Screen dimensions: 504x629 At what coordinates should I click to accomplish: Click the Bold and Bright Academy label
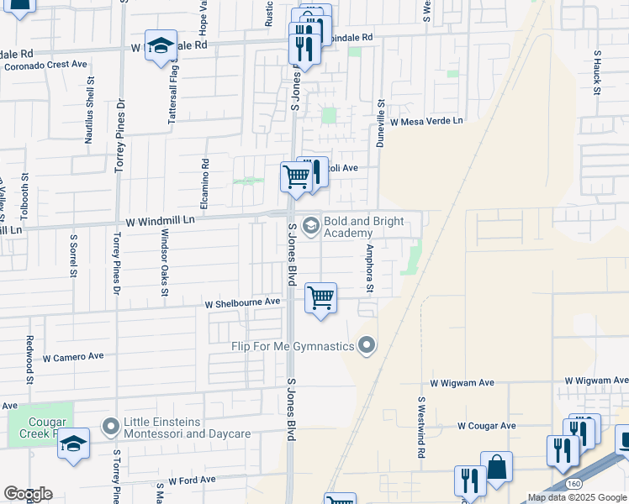pos(363,227)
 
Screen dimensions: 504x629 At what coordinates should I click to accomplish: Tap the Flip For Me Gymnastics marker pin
pos(367,344)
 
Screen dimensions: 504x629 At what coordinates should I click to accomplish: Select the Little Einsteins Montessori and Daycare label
pos(187,428)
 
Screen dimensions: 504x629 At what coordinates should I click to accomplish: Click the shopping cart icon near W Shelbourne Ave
pos(320,298)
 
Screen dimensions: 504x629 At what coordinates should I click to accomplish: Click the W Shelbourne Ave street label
pos(243,302)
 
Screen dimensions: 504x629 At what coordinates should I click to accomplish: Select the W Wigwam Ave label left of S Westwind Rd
pos(462,382)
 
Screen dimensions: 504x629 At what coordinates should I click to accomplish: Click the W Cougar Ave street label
pos(487,426)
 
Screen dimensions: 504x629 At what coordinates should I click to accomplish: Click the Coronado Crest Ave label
pos(46,64)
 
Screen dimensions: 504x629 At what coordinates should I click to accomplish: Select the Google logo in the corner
pos(28,494)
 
